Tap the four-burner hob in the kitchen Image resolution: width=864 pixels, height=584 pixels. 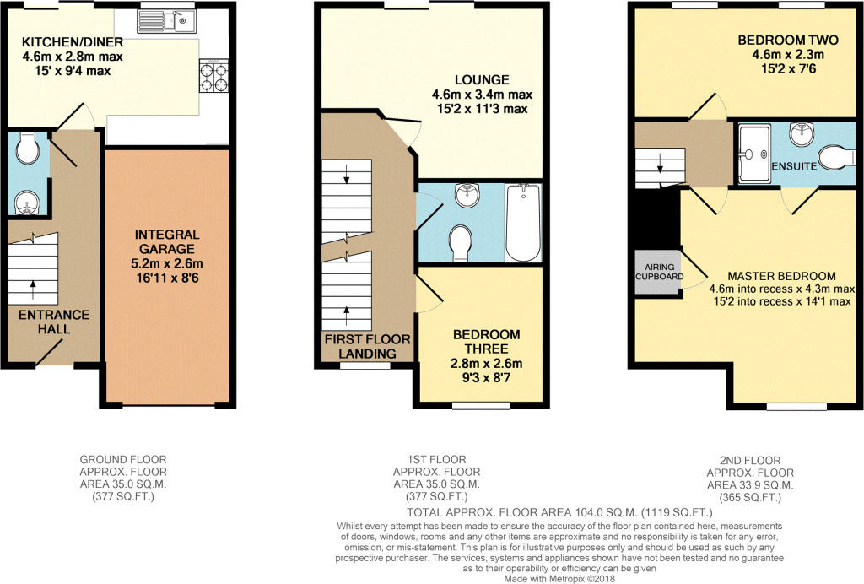pyautogui.click(x=213, y=77)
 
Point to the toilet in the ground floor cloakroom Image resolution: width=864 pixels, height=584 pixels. pyautogui.click(x=29, y=151)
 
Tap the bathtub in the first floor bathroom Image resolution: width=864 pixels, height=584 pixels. pyautogui.click(x=522, y=224)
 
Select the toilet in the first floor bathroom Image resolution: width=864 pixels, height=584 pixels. pyautogui.click(x=462, y=242)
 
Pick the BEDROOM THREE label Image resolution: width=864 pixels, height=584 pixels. pyautogui.click(x=486, y=342)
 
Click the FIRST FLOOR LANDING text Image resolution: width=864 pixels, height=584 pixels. pyautogui.click(x=368, y=346)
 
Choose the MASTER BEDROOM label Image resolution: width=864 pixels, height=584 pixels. pyautogui.click(x=781, y=276)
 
